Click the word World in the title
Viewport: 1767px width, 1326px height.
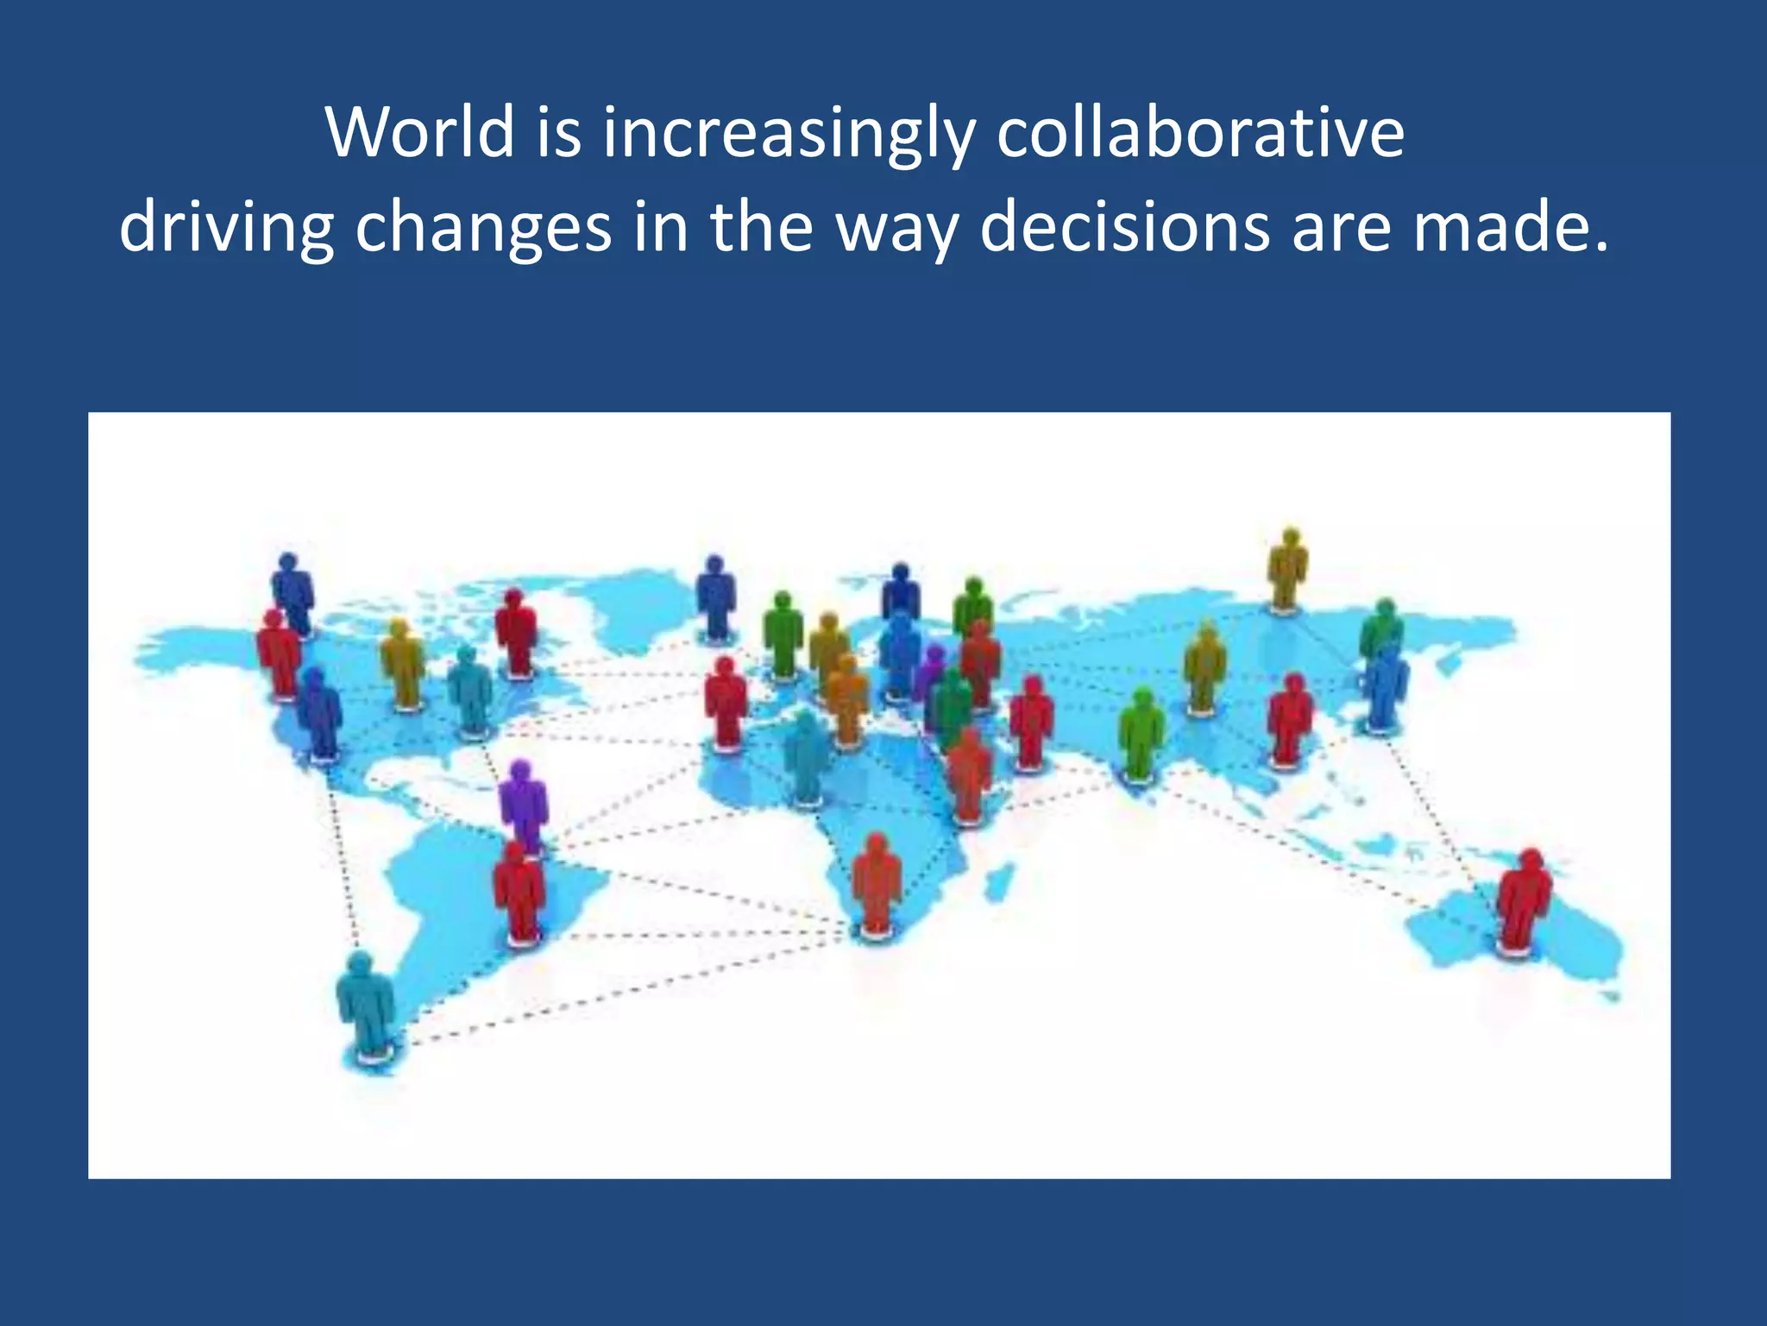click(419, 133)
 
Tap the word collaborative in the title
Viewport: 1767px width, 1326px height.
click(1200, 133)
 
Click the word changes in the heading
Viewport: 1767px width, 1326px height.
click(483, 230)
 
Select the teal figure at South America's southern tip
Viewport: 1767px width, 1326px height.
click(366, 1001)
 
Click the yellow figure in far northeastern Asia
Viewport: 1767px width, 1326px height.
click(1287, 569)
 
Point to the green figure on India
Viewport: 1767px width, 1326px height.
click(1141, 734)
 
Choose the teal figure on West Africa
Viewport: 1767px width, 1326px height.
click(805, 755)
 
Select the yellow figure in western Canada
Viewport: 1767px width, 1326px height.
click(402, 663)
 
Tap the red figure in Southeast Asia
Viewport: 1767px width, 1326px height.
click(1290, 718)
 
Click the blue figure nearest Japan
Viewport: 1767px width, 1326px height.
click(1386, 686)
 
